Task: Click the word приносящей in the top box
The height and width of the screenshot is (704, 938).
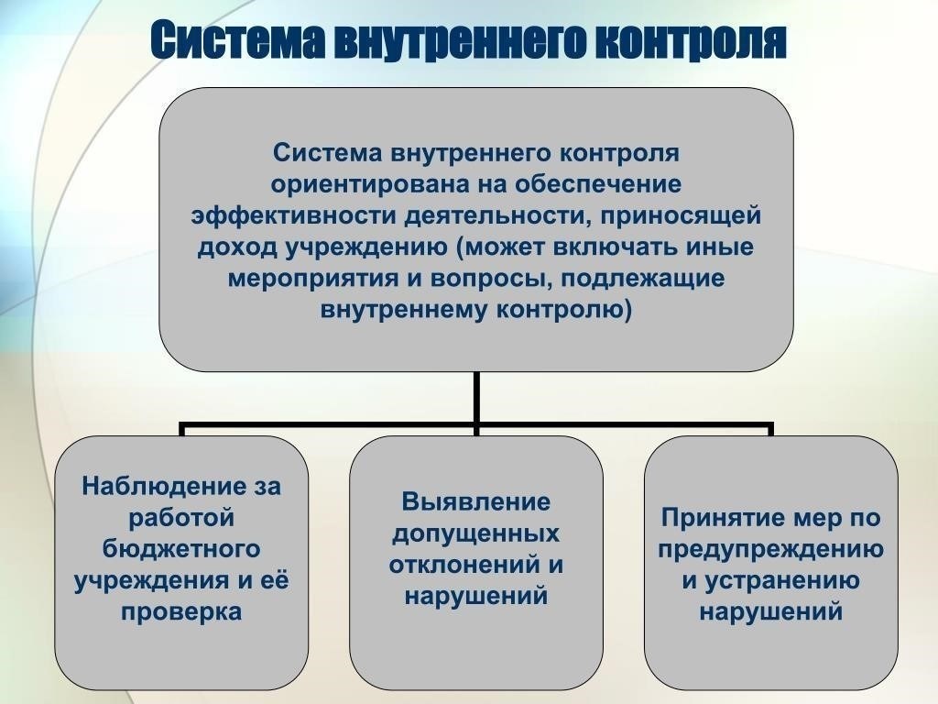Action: pyautogui.click(x=681, y=216)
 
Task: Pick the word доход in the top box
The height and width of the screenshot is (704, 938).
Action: pyautogui.click(x=237, y=247)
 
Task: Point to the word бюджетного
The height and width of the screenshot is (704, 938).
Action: pyautogui.click(x=181, y=549)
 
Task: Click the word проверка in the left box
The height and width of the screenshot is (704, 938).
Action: pyautogui.click(x=181, y=612)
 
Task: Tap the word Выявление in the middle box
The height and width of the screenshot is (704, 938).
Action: pyautogui.click(x=476, y=501)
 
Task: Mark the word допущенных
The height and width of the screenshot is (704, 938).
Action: pyautogui.click(x=476, y=533)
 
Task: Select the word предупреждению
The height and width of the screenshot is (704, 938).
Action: pyautogui.click(x=770, y=549)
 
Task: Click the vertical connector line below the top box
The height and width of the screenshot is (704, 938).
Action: pyautogui.click(x=476, y=399)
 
